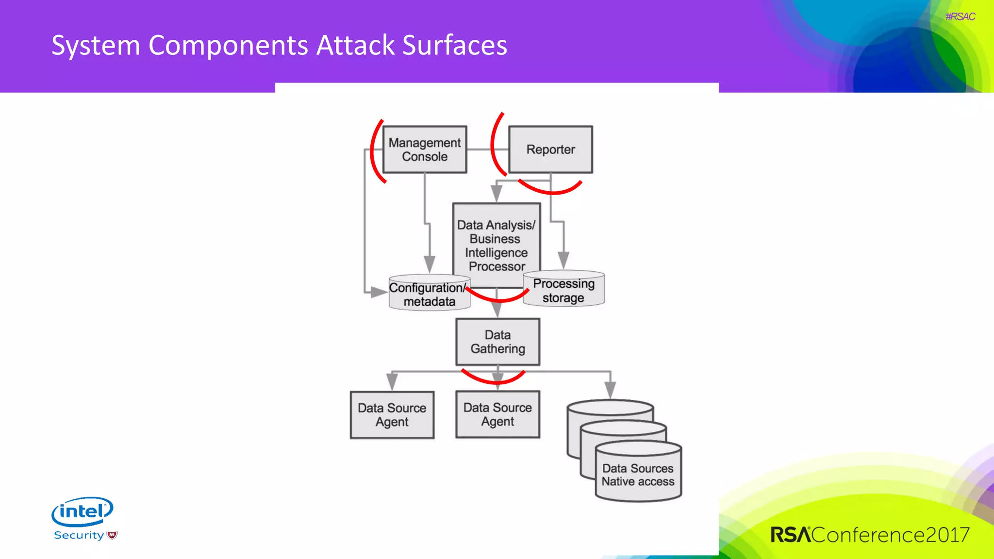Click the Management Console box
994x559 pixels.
point(425,149)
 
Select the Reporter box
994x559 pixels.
point(550,149)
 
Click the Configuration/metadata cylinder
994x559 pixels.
point(429,295)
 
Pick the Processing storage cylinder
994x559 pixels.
point(563,290)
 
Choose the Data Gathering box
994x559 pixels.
point(497,342)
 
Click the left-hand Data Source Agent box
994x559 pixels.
point(392,415)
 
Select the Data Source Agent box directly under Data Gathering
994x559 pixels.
point(497,414)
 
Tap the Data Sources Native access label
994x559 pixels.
point(638,475)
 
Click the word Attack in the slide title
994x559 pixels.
point(355,45)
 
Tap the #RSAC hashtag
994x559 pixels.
point(960,16)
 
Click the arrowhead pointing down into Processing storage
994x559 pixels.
point(563,260)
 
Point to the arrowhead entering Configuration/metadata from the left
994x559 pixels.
point(378,292)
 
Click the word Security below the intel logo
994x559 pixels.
point(79,535)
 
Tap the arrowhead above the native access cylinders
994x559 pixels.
point(610,389)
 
